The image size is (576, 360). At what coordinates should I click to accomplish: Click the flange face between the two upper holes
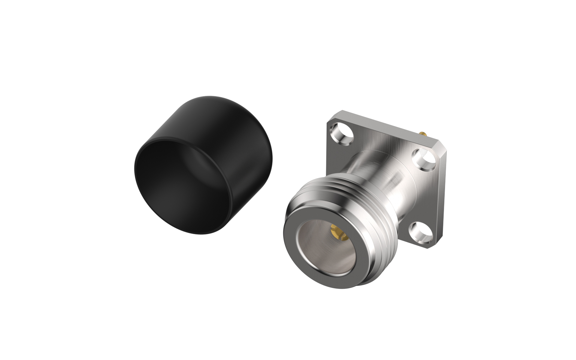point(381,141)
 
